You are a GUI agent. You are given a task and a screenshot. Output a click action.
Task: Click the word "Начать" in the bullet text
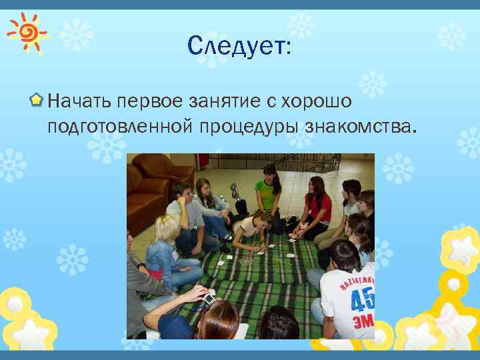pos(80,101)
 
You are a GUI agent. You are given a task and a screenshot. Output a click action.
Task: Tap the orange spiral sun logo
pos(27,31)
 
